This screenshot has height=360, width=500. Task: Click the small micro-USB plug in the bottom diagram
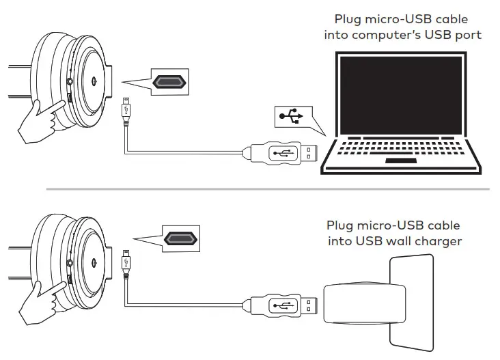coord(127,262)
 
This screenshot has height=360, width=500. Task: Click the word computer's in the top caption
coord(388,34)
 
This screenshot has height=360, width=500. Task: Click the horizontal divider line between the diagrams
coord(266,188)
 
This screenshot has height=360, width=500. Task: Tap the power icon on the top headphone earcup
coord(93,80)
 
